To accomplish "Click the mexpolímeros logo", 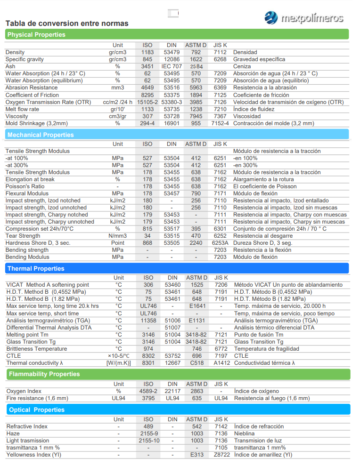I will click(303, 18).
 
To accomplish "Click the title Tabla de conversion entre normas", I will click(66, 24).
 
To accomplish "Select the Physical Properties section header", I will click(36, 35).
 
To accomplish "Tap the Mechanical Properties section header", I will click(41, 135).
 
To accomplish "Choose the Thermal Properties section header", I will click(35, 269).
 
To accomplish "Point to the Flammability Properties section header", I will click(44, 374).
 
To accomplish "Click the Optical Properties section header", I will click(37, 410).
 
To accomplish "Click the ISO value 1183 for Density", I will click(147, 52).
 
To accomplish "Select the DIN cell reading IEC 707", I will click(172, 66).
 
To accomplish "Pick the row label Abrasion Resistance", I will click(32, 88).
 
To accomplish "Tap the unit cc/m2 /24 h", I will click(118, 102).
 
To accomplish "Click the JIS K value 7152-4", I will click(220, 123).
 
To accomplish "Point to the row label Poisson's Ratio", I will click(25, 186).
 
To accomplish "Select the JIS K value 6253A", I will click(220, 243).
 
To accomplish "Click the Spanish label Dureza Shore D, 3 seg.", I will click(263, 243).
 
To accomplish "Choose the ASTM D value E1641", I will click(197, 306).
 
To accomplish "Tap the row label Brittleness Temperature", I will click(37, 349).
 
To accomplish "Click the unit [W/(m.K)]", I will click(118, 363).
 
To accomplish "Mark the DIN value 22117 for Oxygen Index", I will click(172, 391).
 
